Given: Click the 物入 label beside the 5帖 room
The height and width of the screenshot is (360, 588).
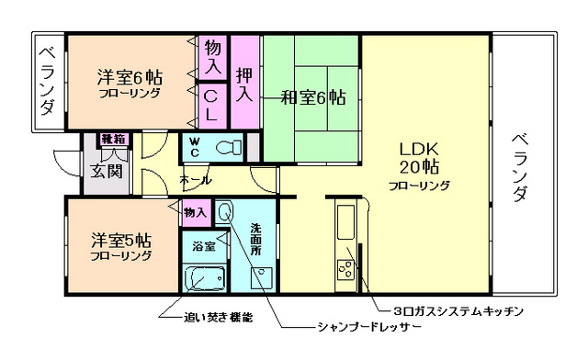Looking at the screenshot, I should pos(195,212).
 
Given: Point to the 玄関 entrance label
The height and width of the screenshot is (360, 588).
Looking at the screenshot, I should pos(101,171).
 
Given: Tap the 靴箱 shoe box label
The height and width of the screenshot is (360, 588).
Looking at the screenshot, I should pos(113,139).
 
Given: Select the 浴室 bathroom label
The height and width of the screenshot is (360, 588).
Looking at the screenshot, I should pos(203,245).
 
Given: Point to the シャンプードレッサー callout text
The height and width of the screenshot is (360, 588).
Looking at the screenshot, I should pos(367,327).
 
